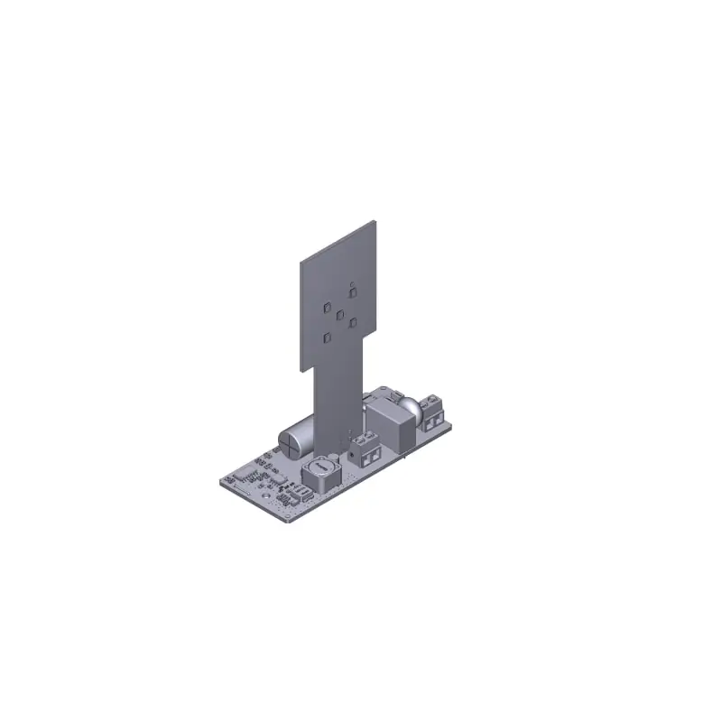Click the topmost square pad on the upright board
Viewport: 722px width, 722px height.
[351, 291]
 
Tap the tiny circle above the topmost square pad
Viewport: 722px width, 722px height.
[351, 282]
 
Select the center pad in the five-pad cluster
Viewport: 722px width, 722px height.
[339, 316]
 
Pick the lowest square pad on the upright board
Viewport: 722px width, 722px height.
[328, 338]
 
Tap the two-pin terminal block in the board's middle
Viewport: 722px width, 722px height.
[366, 449]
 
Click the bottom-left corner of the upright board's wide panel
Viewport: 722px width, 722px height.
[301, 368]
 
